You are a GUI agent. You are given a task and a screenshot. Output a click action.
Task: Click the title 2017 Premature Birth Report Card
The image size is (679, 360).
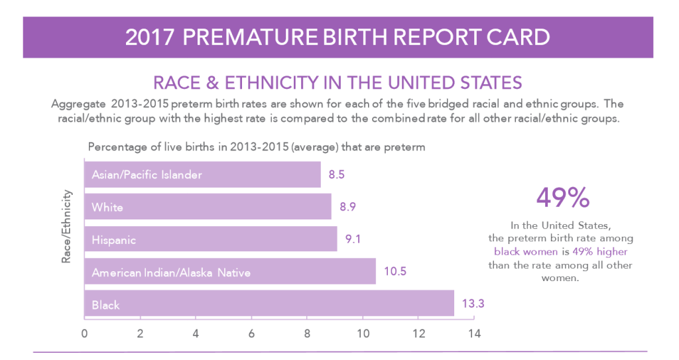coord(338,36)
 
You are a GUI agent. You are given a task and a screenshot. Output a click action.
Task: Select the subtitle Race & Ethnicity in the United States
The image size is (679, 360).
coord(338,83)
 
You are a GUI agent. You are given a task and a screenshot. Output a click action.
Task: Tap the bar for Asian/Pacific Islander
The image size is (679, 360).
coord(202,175)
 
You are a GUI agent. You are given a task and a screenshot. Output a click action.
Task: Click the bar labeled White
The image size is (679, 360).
coord(208,208)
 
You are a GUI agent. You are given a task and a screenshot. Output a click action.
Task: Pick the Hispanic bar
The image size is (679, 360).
coord(210,239)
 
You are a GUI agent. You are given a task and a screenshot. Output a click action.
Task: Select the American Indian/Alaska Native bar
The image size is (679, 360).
coord(229,272)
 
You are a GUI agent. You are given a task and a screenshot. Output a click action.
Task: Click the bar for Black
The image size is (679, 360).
coord(269,304)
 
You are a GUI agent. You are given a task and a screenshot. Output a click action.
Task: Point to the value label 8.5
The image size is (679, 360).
coord(337,175)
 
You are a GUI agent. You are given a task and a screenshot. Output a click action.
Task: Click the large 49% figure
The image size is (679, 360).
coord(562,198)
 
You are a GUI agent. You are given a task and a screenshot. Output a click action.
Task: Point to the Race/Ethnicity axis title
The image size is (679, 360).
coord(66,227)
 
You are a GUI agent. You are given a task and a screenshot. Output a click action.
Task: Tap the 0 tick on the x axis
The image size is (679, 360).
coord(84,333)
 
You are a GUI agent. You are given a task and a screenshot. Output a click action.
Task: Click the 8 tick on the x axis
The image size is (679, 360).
coord(307,333)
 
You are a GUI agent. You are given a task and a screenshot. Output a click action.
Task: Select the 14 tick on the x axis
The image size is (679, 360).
coord(473,333)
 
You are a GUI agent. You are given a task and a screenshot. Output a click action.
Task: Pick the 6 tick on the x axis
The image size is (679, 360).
coord(251,333)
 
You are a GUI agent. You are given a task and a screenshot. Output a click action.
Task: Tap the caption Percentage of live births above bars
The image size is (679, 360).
coord(256,147)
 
